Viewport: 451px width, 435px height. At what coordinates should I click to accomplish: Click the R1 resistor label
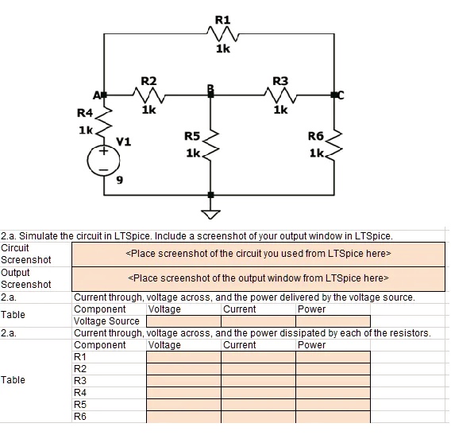(x=222, y=18)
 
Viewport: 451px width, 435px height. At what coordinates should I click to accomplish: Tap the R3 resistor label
(x=280, y=81)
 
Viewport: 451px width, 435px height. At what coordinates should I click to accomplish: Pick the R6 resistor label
(x=315, y=136)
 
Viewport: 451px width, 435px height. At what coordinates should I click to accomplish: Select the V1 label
(x=124, y=142)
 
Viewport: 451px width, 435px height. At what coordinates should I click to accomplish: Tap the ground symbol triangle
(x=210, y=212)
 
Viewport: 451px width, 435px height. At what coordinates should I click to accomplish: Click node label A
(x=98, y=95)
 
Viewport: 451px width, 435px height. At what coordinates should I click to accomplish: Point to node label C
(x=342, y=95)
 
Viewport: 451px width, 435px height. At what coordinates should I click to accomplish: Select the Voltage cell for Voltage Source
(x=183, y=321)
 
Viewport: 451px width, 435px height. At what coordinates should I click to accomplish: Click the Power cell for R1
(x=333, y=357)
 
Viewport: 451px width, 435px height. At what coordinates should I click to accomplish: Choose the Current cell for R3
(x=258, y=380)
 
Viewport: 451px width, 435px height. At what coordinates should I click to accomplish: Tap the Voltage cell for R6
(x=183, y=416)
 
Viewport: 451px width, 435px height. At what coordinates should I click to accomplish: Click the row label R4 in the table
(x=80, y=392)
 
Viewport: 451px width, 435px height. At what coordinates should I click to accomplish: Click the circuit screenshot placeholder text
(x=259, y=254)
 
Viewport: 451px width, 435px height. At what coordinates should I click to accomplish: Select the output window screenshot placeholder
(x=259, y=278)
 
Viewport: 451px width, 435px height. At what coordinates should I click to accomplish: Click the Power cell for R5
(x=333, y=404)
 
